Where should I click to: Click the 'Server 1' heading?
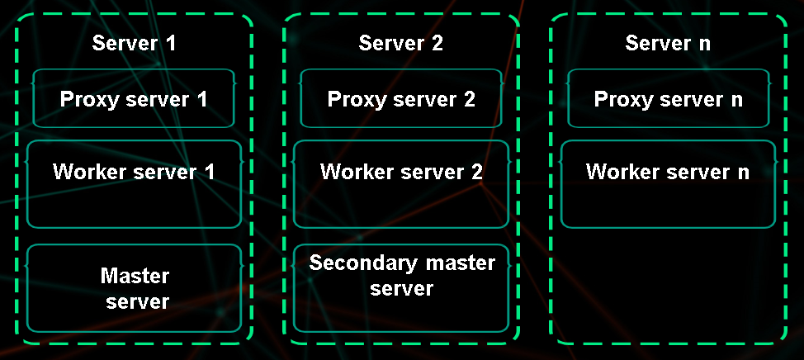[x=134, y=44]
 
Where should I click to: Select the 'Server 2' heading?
[x=400, y=44]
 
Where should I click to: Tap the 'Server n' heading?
[x=668, y=44]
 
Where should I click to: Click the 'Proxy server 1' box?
[x=134, y=99]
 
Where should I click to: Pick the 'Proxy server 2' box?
[x=401, y=99]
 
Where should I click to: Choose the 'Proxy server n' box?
[x=669, y=99]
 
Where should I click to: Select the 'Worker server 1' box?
[x=134, y=184]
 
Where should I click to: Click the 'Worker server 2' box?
[x=401, y=184]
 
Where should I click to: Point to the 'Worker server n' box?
[x=668, y=184]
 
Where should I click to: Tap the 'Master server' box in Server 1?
[x=134, y=288]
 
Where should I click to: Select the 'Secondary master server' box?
[x=401, y=288]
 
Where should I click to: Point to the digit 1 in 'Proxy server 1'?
[x=201, y=99]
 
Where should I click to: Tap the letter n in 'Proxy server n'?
[x=736, y=99]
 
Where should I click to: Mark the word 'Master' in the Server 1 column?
[x=135, y=275]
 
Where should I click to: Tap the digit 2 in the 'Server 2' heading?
[x=437, y=44]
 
